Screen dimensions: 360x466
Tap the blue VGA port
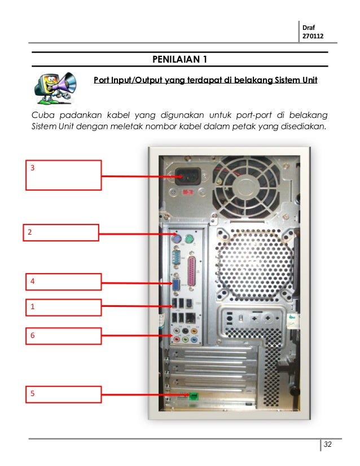(177, 285)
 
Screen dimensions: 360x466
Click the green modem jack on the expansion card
(194, 396)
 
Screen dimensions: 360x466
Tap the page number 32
(328, 445)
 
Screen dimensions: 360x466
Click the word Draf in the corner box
(309, 27)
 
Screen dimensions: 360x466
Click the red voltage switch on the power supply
(188, 192)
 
